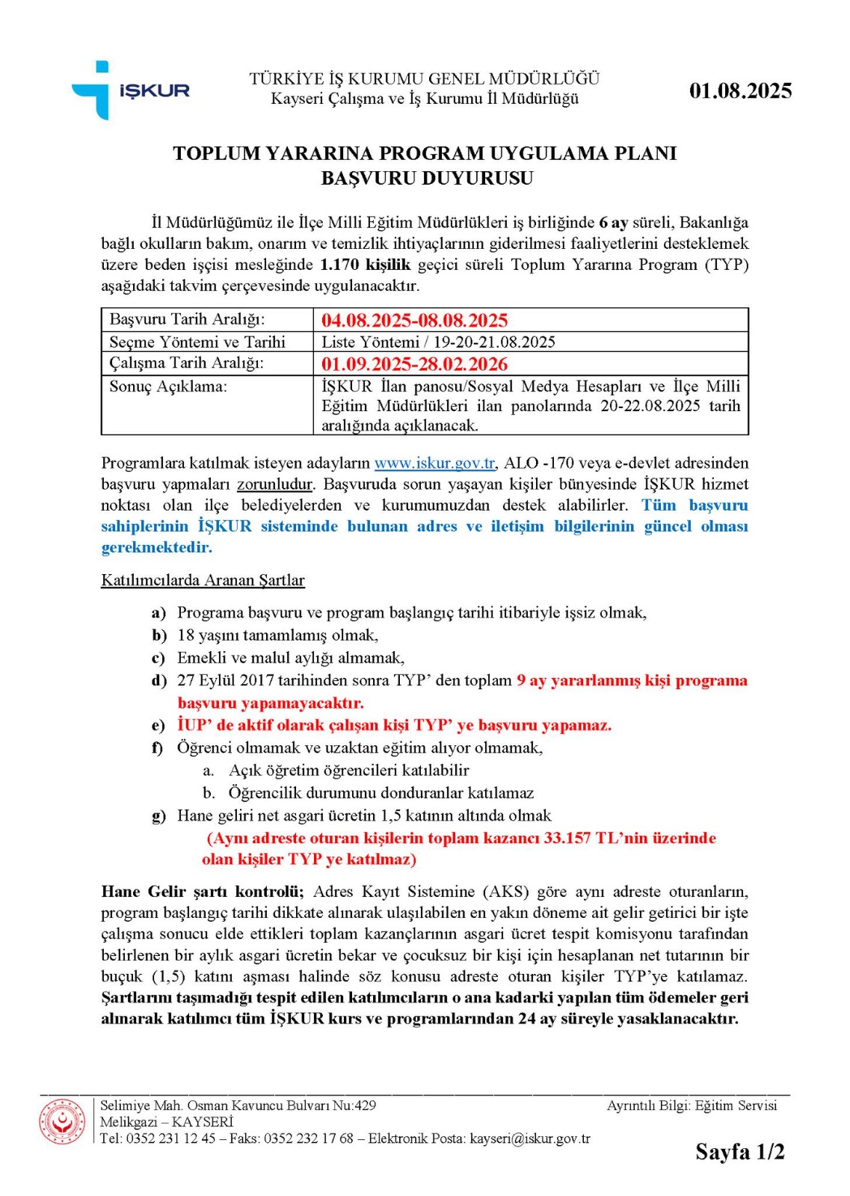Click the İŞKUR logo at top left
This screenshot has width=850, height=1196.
(x=130, y=90)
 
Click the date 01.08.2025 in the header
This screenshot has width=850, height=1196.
(x=740, y=91)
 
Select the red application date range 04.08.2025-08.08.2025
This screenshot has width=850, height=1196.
(x=414, y=321)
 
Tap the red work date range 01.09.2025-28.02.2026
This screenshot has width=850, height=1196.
(x=414, y=364)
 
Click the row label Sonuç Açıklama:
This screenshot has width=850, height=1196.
(x=168, y=386)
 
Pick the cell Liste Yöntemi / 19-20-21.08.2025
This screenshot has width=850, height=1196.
(x=438, y=342)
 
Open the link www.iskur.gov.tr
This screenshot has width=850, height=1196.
(x=434, y=463)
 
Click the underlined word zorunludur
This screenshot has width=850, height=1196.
(x=275, y=484)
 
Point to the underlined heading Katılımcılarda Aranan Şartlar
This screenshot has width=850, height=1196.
(x=203, y=580)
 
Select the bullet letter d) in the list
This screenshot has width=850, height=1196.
(x=159, y=681)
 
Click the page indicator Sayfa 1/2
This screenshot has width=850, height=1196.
(x=739, y=1152)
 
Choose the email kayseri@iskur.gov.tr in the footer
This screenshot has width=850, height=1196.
(x=529, y=1138)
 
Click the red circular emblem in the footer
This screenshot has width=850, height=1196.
(x=62, y=1121)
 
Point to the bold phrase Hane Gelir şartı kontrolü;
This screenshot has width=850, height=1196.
(x=202, y=892)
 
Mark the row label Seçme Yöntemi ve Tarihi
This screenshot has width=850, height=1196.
(x=197, y=342)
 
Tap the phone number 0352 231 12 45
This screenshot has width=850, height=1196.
(x=170, y=1138)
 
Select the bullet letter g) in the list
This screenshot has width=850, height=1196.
(x=159, y=816)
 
